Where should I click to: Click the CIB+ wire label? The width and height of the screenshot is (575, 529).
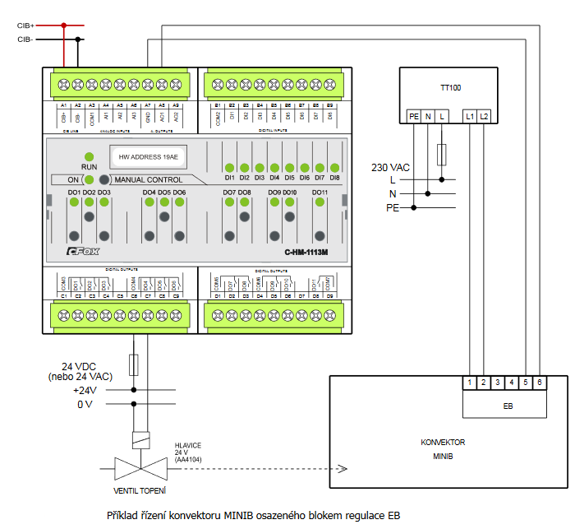(x=25, y=26)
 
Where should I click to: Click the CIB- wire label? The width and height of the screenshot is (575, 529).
(x=25, y=39)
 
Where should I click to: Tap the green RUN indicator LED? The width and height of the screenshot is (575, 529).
(x=89, y=155)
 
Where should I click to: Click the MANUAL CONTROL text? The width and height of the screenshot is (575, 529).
(x=148, y=179)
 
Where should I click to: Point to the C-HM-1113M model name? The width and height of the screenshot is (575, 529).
(x=306, y=253)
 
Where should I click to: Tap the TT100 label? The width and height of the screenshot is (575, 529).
(x=450, y=87)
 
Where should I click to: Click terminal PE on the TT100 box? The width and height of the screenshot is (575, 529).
(x=414, y=117)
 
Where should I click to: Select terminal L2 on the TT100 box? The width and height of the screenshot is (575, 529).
(x=484, y=117)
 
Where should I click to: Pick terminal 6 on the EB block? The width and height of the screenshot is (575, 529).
(x=539, y=383)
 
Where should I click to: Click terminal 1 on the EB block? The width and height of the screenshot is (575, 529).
(x=469, y=383)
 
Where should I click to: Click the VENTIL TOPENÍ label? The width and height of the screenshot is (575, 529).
(x=140, y=491)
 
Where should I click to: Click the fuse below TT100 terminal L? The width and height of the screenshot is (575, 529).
(x=442, y=154)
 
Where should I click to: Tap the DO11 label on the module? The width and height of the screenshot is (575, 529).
(x=320, y=193)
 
